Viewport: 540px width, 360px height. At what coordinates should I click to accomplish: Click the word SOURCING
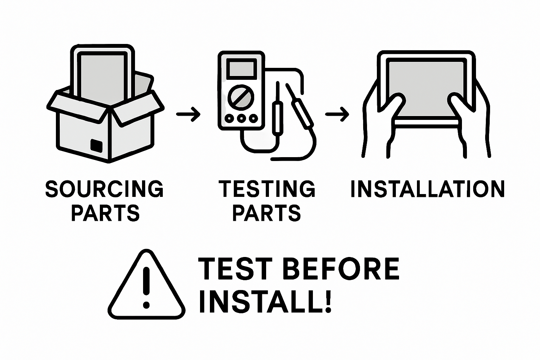click(x=104, y=189)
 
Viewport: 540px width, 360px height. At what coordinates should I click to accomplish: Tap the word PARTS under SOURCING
click(x=105, y=213)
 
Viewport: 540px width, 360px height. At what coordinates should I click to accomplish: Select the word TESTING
click(x=267, y=189)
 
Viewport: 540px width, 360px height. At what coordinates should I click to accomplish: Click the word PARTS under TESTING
click(x=267, y=213)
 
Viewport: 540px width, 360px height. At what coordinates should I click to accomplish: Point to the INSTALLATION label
click(x=427, y=189)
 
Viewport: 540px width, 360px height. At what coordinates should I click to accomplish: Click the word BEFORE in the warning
click(x=341, y=269)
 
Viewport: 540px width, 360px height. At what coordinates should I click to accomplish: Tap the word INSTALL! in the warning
click(x=265, y=301)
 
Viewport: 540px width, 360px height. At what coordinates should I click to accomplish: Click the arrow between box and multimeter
click(x=188, y=114)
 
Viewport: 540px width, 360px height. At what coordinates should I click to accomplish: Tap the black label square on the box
click(x=97, y=145)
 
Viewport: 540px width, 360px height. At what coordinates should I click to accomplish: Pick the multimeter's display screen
click(x=241, y=68)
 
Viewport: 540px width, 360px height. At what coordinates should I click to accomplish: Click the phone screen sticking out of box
click(x=102, y=76)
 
